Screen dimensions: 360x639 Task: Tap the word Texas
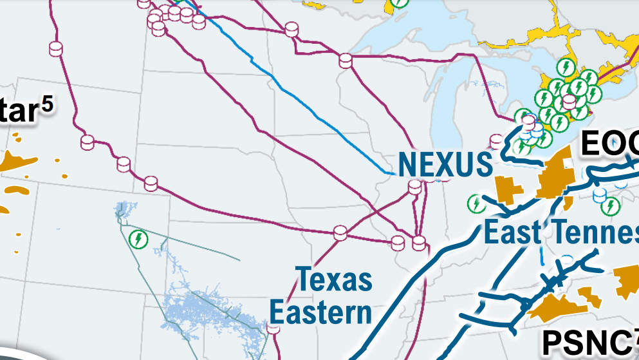334,280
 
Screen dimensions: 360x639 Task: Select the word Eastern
320,313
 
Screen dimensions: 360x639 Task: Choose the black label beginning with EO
609,144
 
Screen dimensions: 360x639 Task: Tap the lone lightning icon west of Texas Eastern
138,240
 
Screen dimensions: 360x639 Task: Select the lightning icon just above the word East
476,204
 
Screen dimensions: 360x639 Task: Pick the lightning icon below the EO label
610,206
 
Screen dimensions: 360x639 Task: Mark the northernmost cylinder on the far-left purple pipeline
56,48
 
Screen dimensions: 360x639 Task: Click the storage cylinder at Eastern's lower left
273,328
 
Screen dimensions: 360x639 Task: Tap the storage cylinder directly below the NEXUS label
415,187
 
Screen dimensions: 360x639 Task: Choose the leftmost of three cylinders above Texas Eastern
340,232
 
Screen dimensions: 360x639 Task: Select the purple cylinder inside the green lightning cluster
569,101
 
